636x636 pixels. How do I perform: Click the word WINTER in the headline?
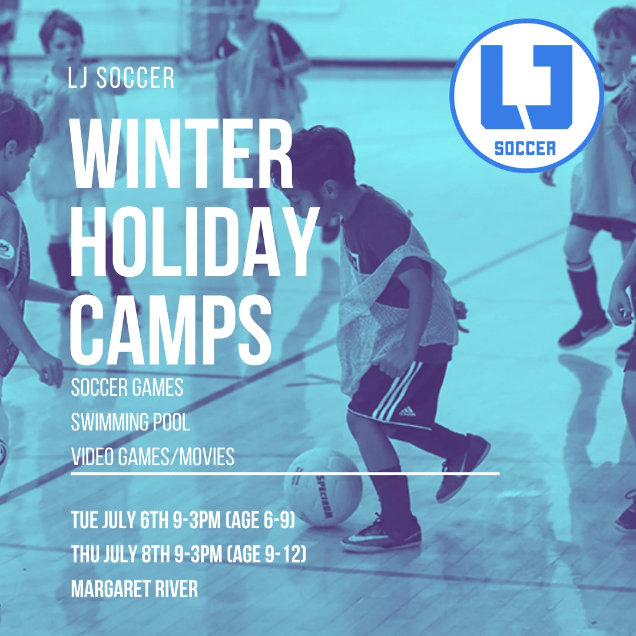click(181, 153)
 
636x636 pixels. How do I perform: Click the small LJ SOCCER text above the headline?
click(121, 78)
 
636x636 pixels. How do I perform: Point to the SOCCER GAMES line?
click(127, 387)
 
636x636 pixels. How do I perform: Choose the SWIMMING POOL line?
click(130, 422)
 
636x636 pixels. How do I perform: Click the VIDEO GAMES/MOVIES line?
click(153, 456)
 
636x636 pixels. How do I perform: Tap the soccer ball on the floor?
click(323, 487)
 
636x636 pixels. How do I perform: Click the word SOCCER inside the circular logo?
click(525, 148)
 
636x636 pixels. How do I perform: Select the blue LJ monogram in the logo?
click(526, 87)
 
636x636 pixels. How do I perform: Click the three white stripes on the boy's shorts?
click(396, 390)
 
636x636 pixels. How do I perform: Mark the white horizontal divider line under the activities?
click(285, 473)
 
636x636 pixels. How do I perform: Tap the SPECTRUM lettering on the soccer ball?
click(324, 496)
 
